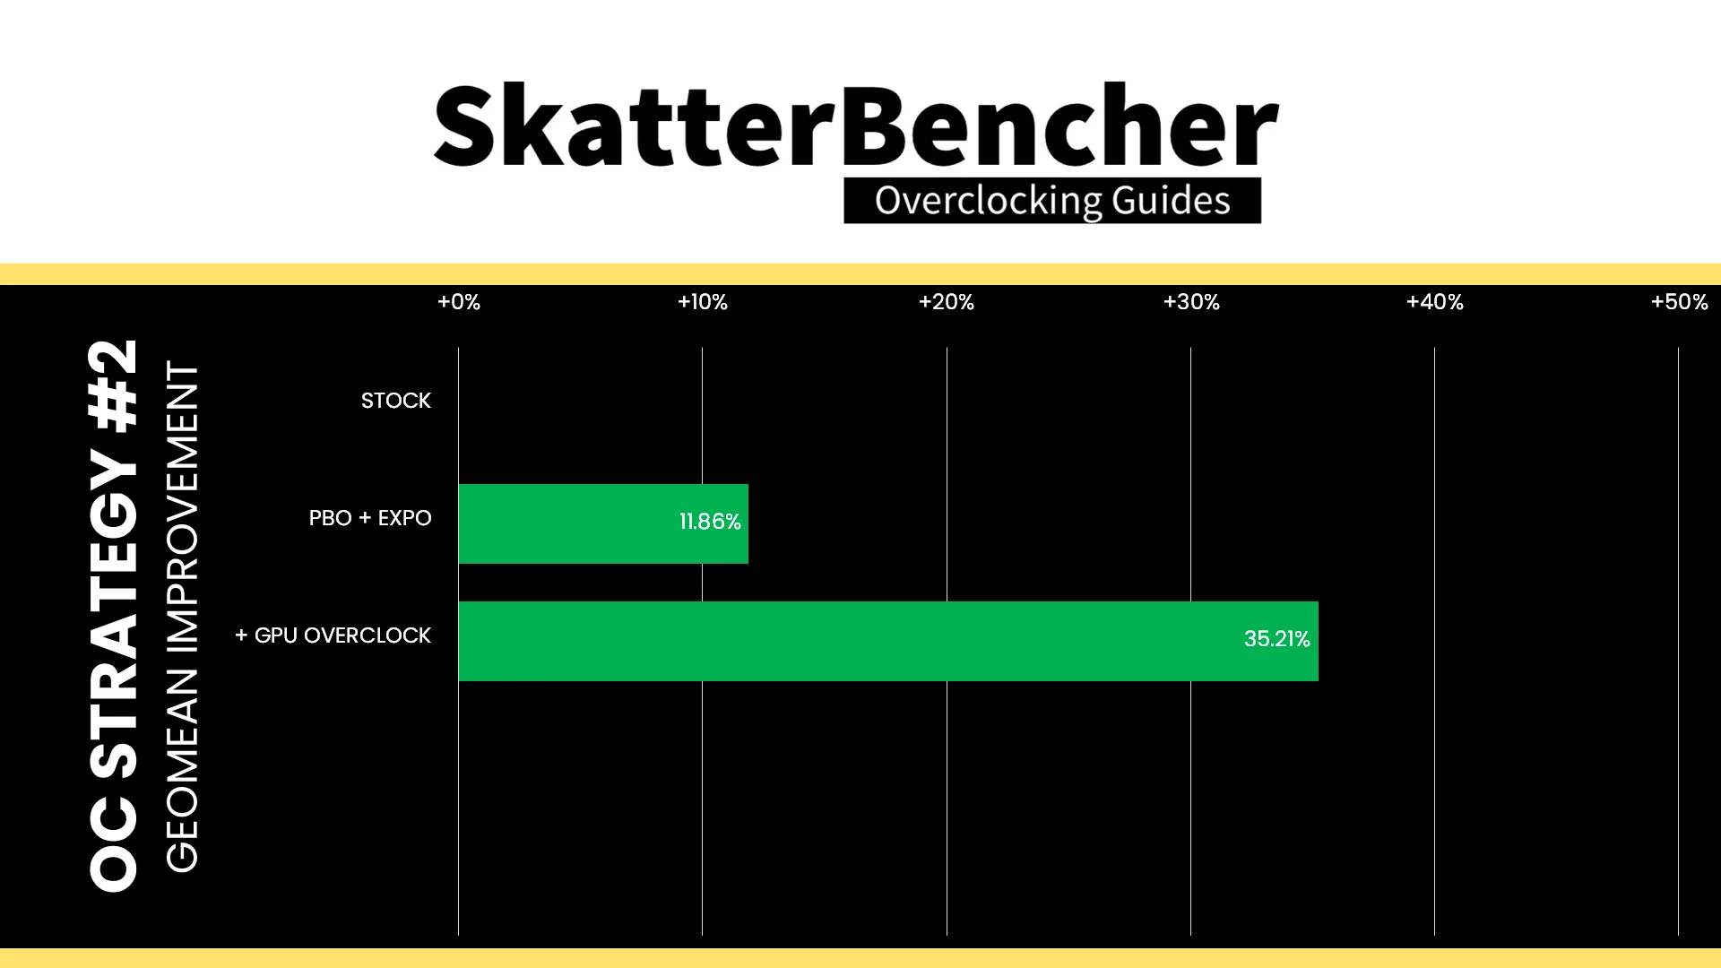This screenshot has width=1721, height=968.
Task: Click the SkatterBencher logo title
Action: click(856, 125)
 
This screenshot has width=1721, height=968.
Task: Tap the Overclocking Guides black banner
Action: click(1052, 201)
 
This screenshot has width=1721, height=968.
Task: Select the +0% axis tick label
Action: click(459, 302)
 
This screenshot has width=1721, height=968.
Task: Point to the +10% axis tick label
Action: click(703, 302)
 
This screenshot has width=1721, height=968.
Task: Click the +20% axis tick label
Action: click(947, 302)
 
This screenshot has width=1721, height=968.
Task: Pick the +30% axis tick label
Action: click(1191, 302)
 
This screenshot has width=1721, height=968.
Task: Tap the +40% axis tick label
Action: click(1435, 302)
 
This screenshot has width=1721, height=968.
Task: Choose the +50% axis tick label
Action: click(1680, 302)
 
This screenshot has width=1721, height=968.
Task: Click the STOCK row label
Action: click(396, 401)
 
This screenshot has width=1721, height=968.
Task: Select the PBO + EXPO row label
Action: click(370, 518)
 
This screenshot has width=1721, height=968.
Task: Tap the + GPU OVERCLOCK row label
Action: click(333, 635)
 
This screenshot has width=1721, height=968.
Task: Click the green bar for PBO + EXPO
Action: click(603, 523)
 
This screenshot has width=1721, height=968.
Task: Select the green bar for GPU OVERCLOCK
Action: click(888, 641)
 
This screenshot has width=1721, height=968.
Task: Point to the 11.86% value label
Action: click(710, 522)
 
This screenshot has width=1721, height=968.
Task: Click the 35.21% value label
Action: click(1277, 639)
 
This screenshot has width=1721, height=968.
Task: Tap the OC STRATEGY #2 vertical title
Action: click(114, 615)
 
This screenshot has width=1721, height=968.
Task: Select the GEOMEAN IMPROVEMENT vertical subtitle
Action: click(182, 617)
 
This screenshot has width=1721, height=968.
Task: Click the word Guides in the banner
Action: click(1172, 201)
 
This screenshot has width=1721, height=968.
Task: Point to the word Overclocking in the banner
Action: click(989, 201)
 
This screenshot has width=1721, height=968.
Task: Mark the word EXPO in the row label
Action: click(405, 518)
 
